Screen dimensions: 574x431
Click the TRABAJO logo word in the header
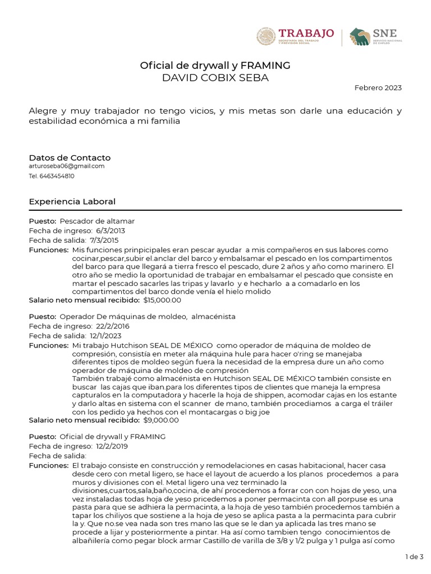pyautogui.click(x=306, y=33)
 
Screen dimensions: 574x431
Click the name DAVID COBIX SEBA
pyautogui.click(x=215, y=78)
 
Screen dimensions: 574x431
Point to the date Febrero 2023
pyautogui.click(x=378, y=88)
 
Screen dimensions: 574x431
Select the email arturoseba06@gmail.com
pyautogui.click(x=67, y=166)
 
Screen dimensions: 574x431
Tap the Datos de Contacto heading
pyautogui.click(x=70, y=158)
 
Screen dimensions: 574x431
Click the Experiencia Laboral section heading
pyautogui.click(x=72, y=201)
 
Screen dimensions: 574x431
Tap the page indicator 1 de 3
pyautogui.click(x=414, y=556)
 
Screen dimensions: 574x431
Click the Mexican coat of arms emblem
pyautogui.click(x=265, y=37)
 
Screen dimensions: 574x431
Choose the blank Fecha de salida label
pyautogui.click(x=58, y=455)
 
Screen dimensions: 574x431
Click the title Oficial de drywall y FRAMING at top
pyautogui.click(x=215, y=66)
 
